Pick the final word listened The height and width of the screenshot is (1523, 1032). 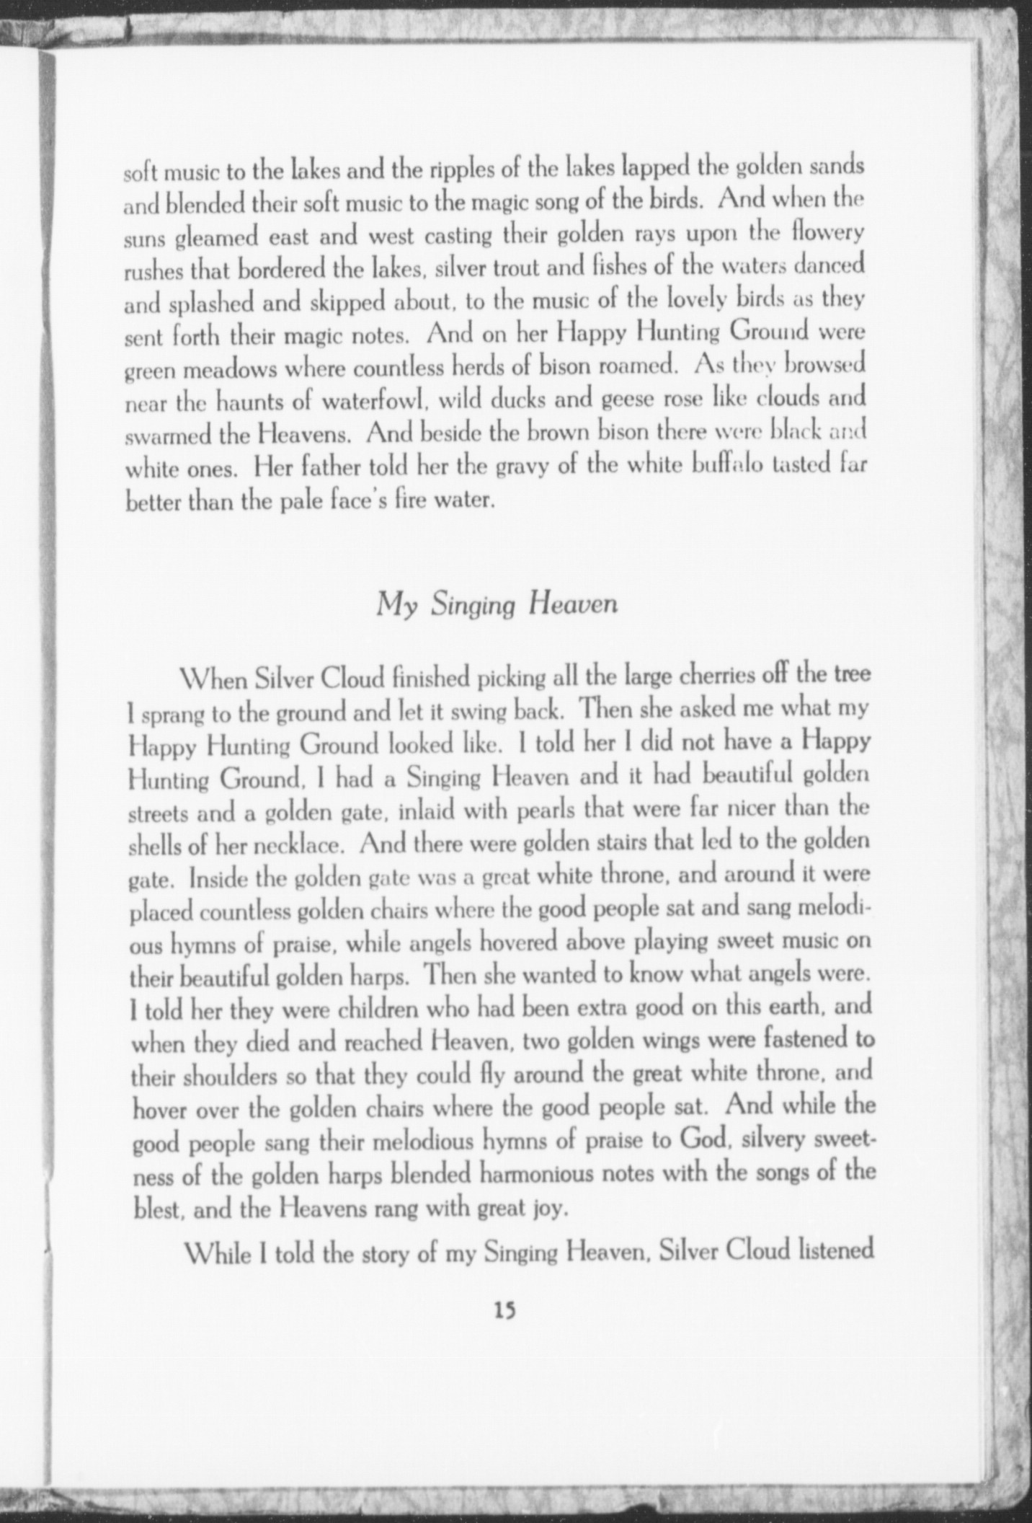832,1250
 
